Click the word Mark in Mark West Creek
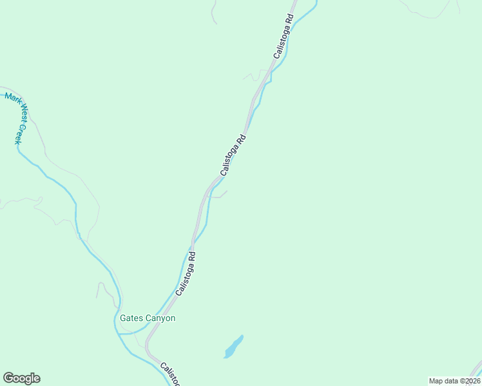pos(11,100)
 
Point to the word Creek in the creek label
pos(19,134)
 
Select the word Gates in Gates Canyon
pos(130,318)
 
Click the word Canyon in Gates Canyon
pos(159,318)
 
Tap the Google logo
pos(21,378)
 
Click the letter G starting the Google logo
pos(8,378)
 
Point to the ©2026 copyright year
pos(469,381)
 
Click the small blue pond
pos(233,347)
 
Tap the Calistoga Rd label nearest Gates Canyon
pos(186,273)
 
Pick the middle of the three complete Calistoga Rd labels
pos(233,154)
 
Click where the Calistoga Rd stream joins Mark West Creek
pos(120,334)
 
